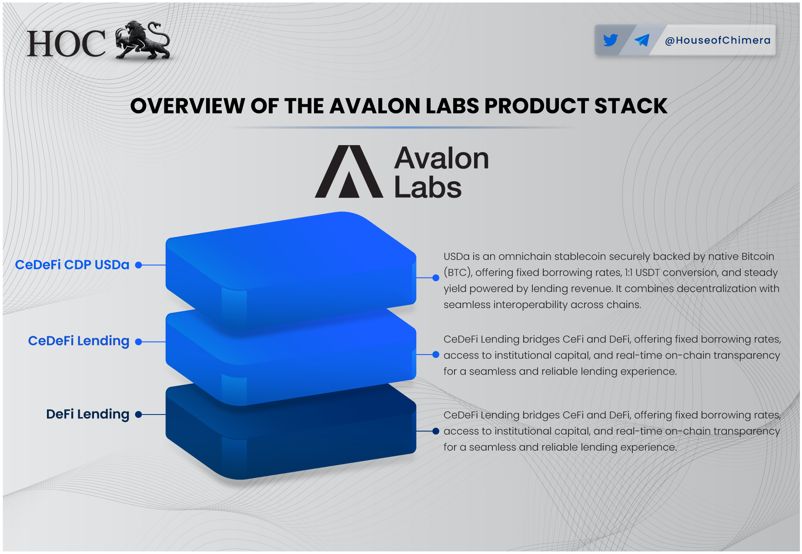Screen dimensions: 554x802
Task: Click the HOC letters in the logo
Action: pos(66,44)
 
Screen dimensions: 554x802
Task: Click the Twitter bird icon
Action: pos(611,40)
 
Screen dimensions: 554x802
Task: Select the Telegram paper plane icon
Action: pos(642,40)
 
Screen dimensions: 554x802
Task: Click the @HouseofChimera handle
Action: pos(718,40)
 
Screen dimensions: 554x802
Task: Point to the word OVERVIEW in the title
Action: pos(187,106)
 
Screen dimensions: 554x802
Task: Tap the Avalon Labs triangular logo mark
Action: pos(349,172)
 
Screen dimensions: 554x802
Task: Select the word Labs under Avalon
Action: pos(428,188)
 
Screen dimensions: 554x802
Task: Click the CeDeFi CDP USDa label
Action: pos(72,265)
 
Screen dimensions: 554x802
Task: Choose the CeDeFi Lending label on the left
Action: pos(79,341)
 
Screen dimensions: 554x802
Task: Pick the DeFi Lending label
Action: pos(87,414)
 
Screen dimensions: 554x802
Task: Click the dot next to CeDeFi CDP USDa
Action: pos(139,265)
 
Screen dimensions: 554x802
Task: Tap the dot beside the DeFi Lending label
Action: pos(139,415)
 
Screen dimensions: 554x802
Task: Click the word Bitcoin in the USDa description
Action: pos(757,256)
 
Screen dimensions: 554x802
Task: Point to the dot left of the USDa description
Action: pos(436,278)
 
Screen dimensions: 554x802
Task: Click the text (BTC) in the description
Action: pos(458,273)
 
